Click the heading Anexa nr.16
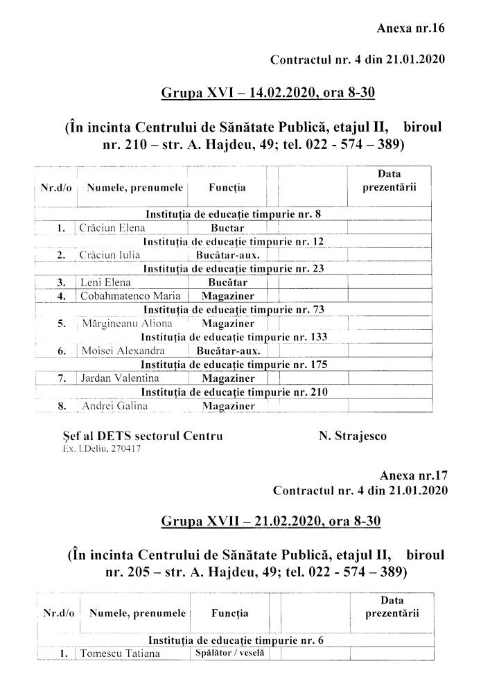(x=410, y=28)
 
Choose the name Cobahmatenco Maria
(x=123, y=296)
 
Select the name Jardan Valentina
(x=120, y=378)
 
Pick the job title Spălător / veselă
(x=228, y=653)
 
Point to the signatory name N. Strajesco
(x=353, y=436)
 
